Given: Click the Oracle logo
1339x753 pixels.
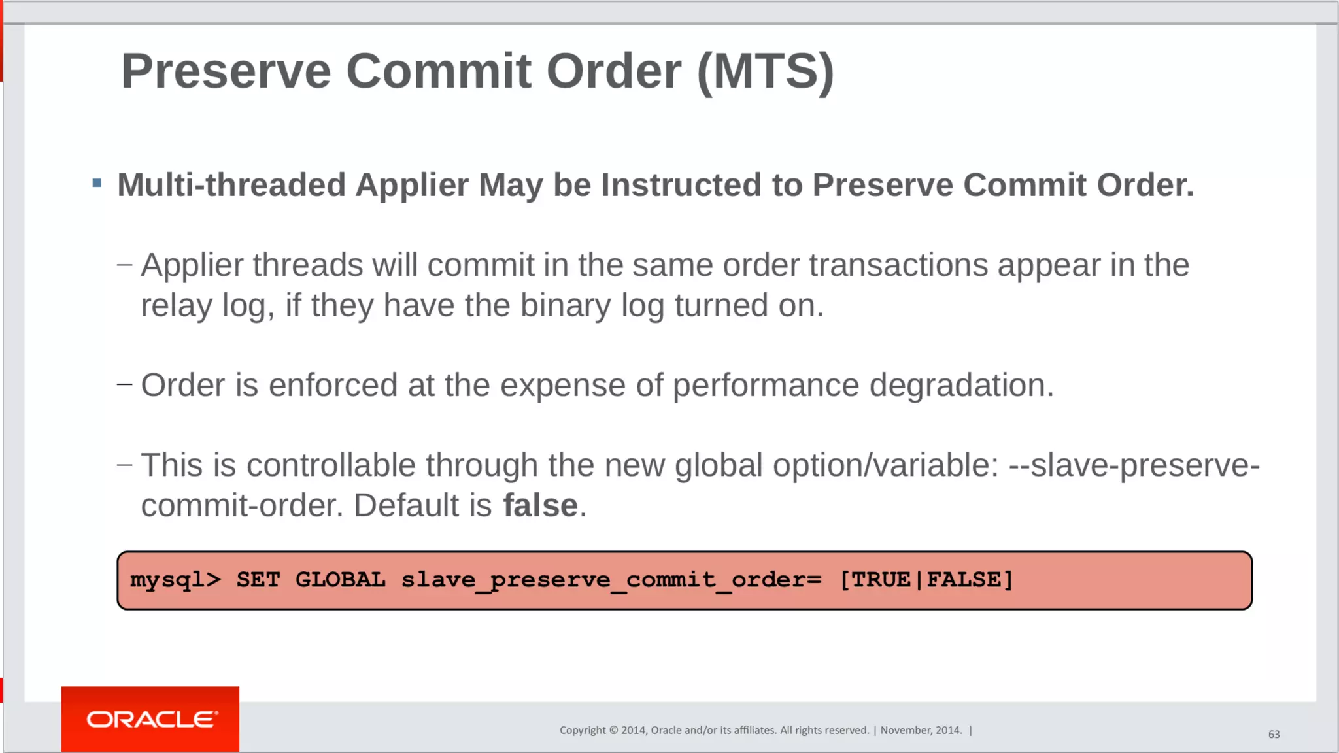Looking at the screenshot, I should pos(150,719).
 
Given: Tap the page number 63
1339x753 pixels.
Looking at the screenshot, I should pos(1274,734).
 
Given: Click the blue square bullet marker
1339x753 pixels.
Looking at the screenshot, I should pos(97,184).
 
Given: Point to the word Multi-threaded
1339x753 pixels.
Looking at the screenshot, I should pos(231,185).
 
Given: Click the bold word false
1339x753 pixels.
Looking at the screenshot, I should pos(540,505).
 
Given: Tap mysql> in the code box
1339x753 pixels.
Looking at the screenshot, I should pos(175,580).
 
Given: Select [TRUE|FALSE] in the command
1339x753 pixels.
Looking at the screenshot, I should pos(926,580).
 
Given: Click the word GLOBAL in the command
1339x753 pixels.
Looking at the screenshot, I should pos(340,580).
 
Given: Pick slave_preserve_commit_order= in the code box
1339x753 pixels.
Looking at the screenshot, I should pos(611,580).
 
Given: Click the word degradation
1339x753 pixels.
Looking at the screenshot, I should pos(961,385).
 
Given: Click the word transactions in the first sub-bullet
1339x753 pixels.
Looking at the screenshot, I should pos(898,265).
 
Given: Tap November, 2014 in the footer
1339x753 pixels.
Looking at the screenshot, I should pos(921,730).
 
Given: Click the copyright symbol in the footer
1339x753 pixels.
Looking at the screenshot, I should pos(613,730).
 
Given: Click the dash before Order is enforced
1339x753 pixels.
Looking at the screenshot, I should pos(124,384).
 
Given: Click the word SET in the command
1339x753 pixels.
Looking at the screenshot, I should pos(258,580).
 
